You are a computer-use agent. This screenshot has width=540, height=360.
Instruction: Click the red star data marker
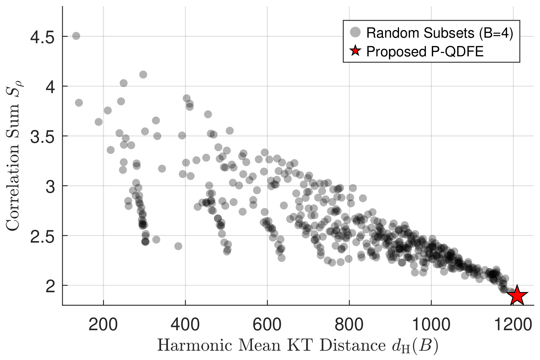tap(517, 295)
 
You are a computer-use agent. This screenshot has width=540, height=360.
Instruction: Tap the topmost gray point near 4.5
tap(76, 36)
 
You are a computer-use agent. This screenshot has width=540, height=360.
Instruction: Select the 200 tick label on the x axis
tap(103, 325)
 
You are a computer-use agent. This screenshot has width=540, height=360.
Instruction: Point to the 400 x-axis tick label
tap(185, 325)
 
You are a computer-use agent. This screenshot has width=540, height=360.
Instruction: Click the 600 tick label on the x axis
tap(267, 325)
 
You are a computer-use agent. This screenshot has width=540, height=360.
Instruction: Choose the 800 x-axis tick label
tap(349, 325)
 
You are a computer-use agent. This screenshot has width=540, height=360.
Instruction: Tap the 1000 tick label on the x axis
tap(431, 325)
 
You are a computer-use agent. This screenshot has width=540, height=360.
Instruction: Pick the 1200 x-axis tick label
tap(513, 325)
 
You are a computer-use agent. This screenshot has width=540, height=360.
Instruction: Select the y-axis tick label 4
tap(50, 87)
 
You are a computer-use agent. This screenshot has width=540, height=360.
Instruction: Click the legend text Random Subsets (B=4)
tap(440, 33)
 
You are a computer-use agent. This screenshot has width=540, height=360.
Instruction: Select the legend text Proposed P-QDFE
tap(425, 52)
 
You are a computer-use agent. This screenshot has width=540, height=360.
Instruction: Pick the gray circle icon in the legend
tap(355, 32)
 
